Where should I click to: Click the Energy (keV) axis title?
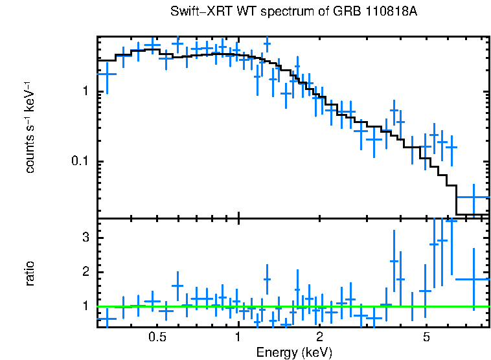[294, 353]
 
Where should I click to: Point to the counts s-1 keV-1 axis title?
[30, 127]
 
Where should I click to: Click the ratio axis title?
[30, 273]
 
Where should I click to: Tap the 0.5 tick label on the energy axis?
[157, 338]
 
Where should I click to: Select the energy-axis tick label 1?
[238, 338]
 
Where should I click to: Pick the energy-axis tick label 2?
[319, 338]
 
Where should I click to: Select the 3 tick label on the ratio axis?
[85, 238]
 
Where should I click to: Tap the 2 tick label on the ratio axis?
[85, 272]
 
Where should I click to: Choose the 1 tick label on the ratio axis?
[85, 306]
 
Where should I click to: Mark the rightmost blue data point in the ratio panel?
[473, 279]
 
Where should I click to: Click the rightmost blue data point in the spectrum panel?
[473, 197]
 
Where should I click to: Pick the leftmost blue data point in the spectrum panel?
[106, 73]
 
